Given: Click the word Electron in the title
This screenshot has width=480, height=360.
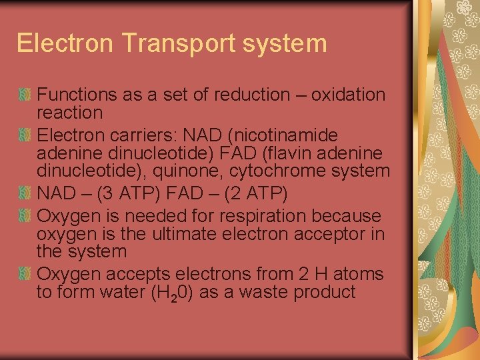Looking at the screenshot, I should pos(56,43).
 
